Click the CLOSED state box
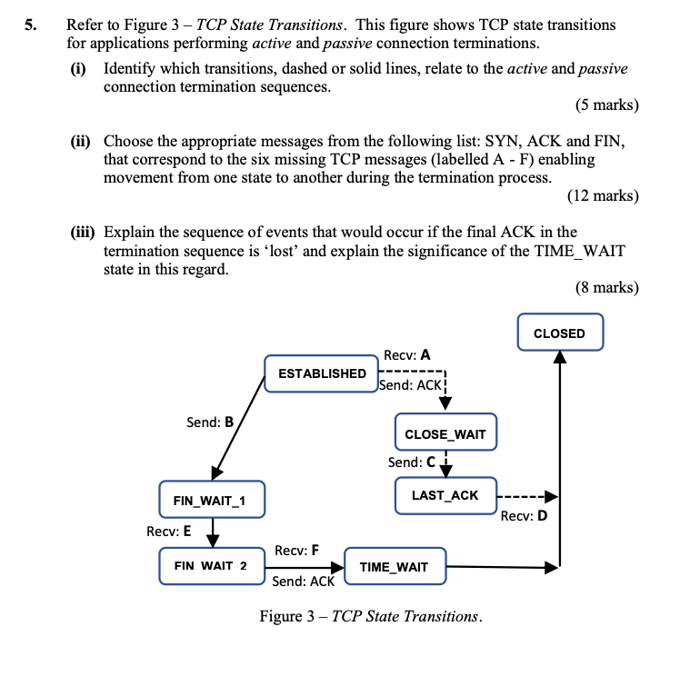[559, 333]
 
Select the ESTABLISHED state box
[322, 373]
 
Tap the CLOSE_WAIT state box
[445, 433]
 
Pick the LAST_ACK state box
[445, 495]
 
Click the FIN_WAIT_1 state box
[209, 499]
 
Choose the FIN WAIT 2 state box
[210, 565]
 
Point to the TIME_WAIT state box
[394, 566]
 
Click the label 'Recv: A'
[407, 355]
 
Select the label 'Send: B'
[210, 422]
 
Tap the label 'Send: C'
[411, 462]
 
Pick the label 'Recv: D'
[525, 516]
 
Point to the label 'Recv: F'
[296, 550]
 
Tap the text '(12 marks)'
[603, 194]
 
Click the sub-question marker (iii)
[85, 232]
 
